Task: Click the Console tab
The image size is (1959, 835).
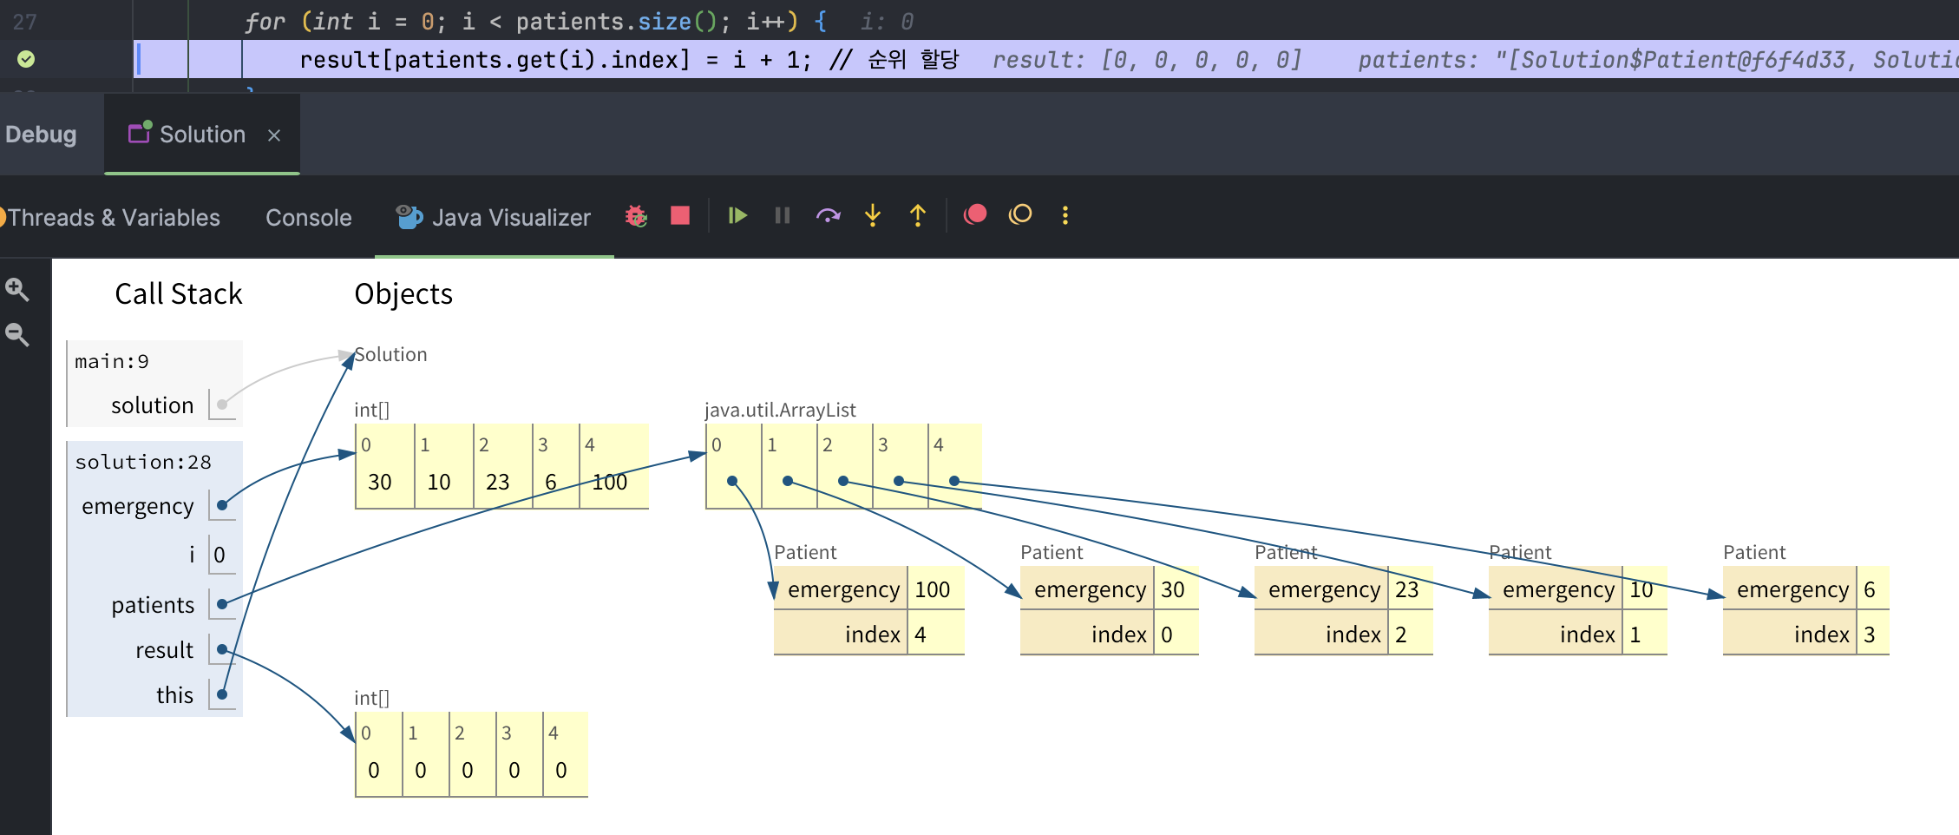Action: [308, 217]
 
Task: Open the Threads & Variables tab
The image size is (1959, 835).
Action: [113, 217]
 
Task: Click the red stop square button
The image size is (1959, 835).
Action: [680, 215]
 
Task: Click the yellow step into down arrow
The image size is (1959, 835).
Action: [873, 215]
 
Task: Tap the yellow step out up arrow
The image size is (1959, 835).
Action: [918, 215]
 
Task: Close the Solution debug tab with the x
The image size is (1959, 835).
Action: [274, 135]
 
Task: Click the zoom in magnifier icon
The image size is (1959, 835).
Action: [16, 289]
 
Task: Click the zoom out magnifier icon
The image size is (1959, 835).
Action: [16, 334]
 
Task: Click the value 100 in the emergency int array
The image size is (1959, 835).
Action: [609, 483]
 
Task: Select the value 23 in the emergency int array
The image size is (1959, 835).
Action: [497, 483]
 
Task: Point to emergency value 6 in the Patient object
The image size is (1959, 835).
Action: [1869, 590]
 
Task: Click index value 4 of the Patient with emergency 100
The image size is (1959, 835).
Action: [920, 635]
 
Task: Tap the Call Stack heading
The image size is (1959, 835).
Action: [178, 294]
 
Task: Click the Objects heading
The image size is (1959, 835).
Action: [403, 294]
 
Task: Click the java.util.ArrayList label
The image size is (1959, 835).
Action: [779, 410]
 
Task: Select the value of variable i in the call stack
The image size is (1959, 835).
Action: [219, 556]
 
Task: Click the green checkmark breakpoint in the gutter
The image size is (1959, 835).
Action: [26, 59]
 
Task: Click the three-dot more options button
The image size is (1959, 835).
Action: [1065, 215]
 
